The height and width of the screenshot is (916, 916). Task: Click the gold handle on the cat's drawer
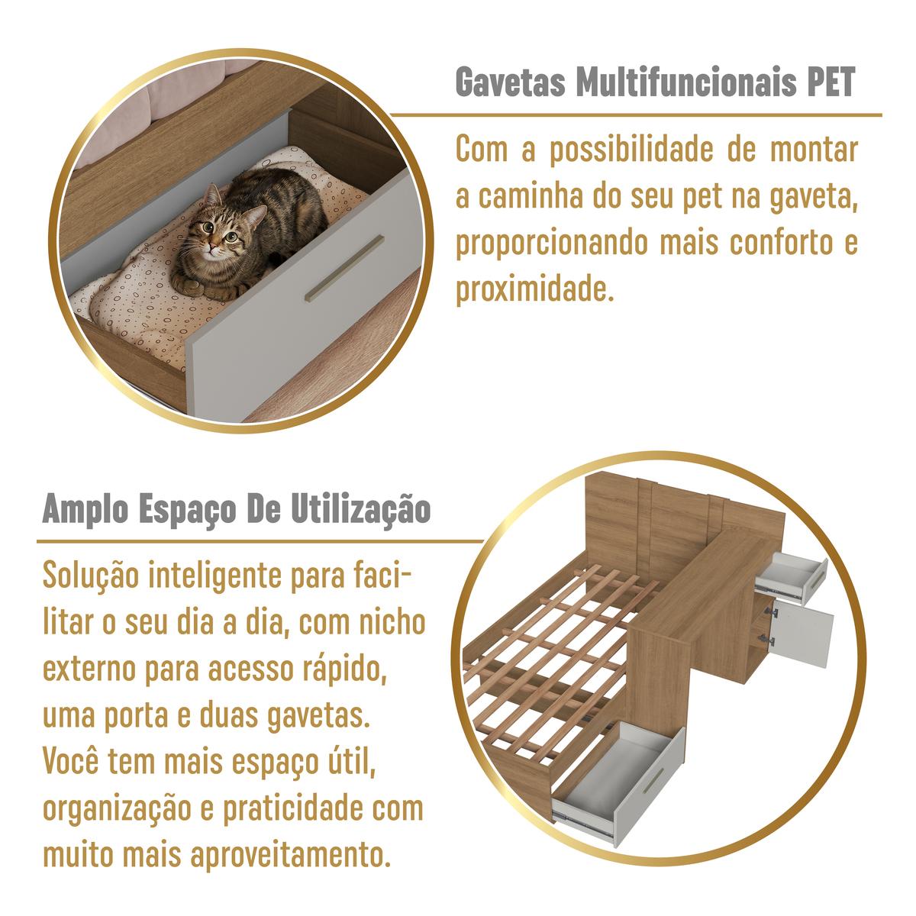[x=344, y=268]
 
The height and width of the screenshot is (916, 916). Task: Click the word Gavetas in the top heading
[x=511, y=82]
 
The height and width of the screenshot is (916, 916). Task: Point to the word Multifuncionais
[x=686, y=82]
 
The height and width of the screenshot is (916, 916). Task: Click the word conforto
[x=782, y=242]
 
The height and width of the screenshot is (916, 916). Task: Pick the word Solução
[x=91, y=576]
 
